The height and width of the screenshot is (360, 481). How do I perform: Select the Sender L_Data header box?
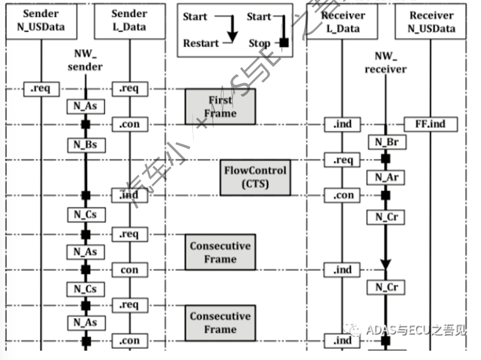(x=130, y=21)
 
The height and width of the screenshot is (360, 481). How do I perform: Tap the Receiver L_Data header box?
(x=343, y=21)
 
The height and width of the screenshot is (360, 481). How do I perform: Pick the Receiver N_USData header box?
(x=431, y=21)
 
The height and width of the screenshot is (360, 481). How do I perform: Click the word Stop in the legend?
(x=259, y=43)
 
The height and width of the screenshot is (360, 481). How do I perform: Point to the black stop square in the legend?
(x=284, y=42)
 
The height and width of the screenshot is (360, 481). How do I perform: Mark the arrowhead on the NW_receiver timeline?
(x=385, y=263)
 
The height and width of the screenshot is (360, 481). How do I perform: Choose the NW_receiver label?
(x=385, y=63)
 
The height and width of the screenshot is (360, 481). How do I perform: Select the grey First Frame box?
(x=220, y=107)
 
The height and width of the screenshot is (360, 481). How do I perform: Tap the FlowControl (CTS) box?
(x=255, y=177)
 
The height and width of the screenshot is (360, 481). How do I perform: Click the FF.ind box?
(x=431, y=124)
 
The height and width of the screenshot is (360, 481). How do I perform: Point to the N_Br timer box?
(x=386, y=142)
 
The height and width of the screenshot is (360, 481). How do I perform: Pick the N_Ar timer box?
(x=386, y=178)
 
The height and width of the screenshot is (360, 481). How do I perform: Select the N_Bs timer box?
(x=86, y=145)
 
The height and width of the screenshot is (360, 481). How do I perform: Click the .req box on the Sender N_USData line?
(x=41, y=88)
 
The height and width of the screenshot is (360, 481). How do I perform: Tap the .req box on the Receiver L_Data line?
(x=343, y=160)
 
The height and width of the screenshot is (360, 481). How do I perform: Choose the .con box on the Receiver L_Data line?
(x=343, y=196)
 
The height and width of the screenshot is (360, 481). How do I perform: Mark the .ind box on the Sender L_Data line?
(x=129, y=196)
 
